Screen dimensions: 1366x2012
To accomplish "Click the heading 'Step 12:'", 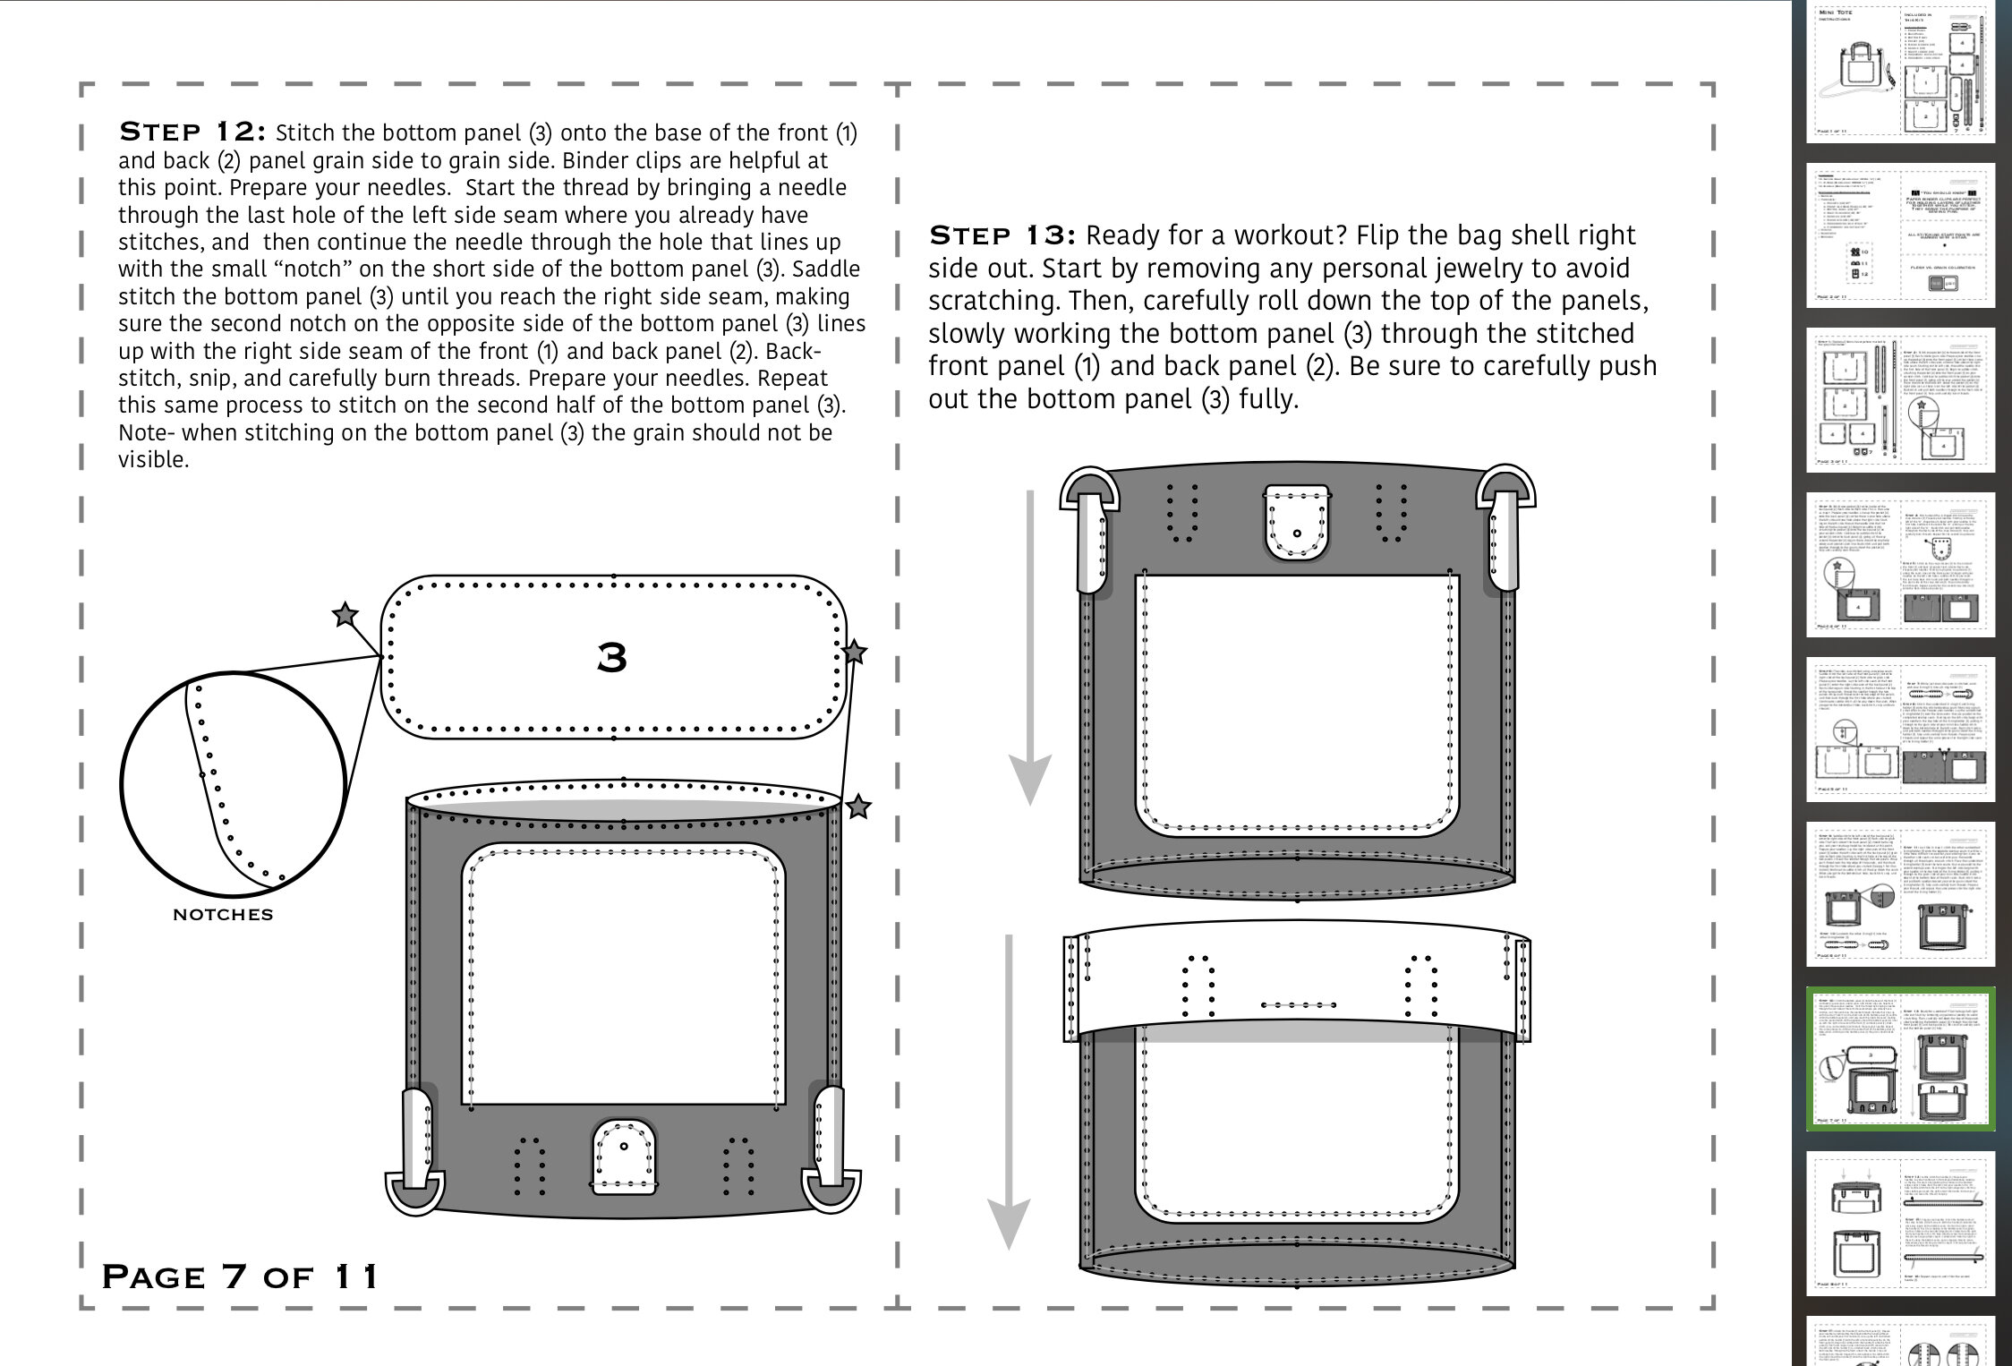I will pyautogui.click(x=192, y=132).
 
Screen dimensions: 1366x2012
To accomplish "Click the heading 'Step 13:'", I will pyautogui.click(x=1001, y=235).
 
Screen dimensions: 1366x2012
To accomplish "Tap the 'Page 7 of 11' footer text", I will pyautogui.click(x=240, y=1276).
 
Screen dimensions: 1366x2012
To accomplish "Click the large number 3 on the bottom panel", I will pyautogui.click(x=612, y=658).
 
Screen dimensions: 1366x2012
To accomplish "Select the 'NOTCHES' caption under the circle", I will pyautogui.click(x=223, y=914).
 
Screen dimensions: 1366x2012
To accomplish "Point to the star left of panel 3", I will pyautogui.click(x=345, y=615).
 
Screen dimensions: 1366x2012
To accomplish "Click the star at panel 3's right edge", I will pyautogui.click(x=855, y=652).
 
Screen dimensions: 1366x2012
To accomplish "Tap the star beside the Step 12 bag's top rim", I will pyautogui.click(x=858, y=807).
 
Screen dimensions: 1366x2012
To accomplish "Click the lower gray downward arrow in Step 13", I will pyautogui.click(x=1009, y=1092).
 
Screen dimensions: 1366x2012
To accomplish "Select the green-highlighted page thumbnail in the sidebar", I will pyautogui.click(x=1901, y=1059).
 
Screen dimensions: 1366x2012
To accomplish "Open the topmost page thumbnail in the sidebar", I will pyautogui.click(x=1901, y=72).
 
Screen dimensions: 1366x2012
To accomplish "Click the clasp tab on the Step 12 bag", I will pyautogui.click(x=624, y=1157).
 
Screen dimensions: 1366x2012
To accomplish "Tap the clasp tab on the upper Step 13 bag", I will pyautogui.click(x=1297, y=523).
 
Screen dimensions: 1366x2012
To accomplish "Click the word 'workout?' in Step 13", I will pyautogui.click(x=1291, y=235).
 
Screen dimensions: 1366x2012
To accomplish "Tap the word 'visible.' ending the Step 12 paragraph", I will pyautogui.click(x=153, y=460).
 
